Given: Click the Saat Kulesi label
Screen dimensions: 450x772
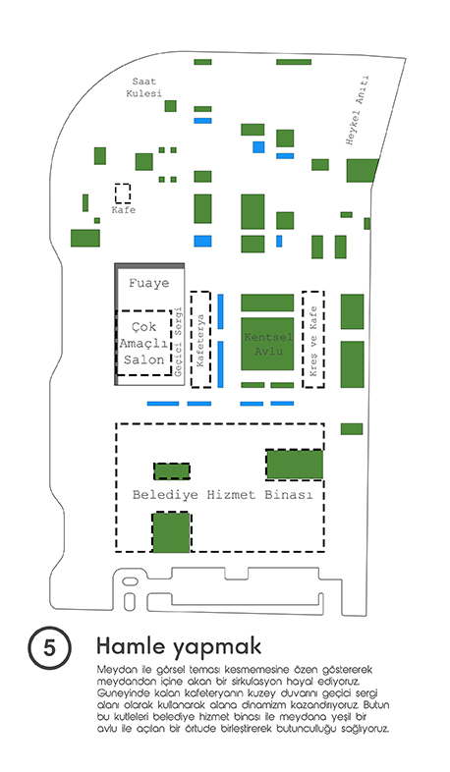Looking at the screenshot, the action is click(x=143, y=87).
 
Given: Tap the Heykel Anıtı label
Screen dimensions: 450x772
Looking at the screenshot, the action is click(x=358, y=110).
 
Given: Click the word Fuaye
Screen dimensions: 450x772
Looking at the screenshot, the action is click(x=148, y=283).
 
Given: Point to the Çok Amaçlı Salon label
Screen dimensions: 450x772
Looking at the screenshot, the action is click(x=143, y=343).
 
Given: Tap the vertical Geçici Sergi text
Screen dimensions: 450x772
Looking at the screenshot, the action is click(x=178, y=342).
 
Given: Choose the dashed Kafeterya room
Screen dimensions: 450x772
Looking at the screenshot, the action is click(x=200, y=340).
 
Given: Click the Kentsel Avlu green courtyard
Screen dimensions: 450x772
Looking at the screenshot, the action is click(x=267, y=344).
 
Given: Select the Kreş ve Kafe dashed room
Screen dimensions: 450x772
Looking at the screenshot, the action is click(x=313, y=339).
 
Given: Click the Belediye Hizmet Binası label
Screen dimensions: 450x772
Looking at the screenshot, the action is click(x=222, y=494).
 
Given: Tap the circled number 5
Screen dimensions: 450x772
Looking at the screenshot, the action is click(x=49, y=647).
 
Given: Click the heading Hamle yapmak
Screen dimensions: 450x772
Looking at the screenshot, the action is click(x=179, y=646).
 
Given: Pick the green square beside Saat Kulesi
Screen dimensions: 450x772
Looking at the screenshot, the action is click(x=170, y=106).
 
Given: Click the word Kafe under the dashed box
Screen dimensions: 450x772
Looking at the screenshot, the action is click(x=123, y=210).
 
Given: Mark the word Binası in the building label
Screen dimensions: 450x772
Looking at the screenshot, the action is click(x=289, y=494).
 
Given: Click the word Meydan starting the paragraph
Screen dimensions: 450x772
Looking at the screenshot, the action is click(x=111, y=670).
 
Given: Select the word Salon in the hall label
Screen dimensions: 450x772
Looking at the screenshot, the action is click(x=143, y=359).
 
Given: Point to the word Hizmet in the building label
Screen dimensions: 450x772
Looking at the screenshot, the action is click(x=231, y=494).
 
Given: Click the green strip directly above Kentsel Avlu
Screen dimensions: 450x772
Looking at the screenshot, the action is click(x=267, y=303).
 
